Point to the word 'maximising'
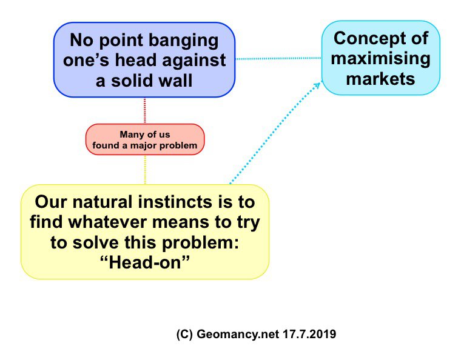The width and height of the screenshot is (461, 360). (x=380, y=59)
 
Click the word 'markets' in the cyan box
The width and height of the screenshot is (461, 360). (x=380, y=79)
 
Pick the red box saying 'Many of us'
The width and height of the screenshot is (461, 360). (x=145, y=139)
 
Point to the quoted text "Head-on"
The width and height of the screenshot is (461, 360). (x=145, y=262)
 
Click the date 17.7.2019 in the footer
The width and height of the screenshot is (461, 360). (x=309, y=334)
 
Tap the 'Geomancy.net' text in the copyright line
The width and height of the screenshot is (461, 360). (x=238, y=335)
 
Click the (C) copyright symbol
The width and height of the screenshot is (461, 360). (x=184, y=335)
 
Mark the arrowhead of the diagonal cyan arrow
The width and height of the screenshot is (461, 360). (x=317, y=85)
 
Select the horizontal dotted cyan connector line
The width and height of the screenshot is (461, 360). (x=278, y=59)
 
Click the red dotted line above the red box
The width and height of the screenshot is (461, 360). (x=144, y=110)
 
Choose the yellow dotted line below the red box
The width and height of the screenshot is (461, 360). (x=145, y=170)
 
